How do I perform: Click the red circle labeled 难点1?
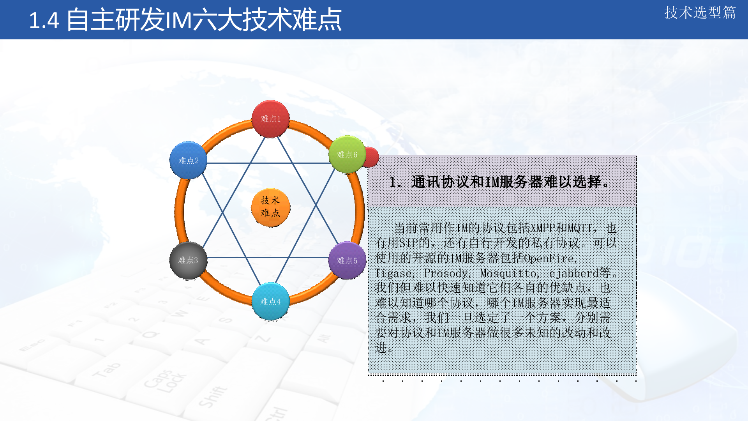[x=270, y=119]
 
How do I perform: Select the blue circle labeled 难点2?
[x=188, y=160]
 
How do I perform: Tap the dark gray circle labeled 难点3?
[x=188, y=260]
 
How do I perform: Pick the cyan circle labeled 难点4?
[x=270, y=301]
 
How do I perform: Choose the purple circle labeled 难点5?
[x=347, y=260]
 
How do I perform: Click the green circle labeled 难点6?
[x=347, y=155]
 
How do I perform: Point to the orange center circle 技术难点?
[x=270, y=207]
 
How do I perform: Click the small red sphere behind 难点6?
[x=372, y=157]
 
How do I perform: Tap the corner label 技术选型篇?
[x=700, y=13]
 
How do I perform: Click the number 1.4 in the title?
[x=44, y=21]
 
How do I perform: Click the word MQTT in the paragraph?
[x=580, y=228]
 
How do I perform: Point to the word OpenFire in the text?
[x=549, y=258]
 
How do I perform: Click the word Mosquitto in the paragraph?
[x=508, y=273]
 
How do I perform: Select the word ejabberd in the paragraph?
[x=573, y=273]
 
